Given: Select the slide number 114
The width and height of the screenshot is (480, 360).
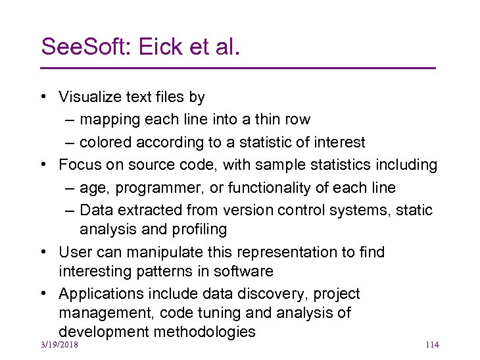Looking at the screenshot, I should (x=432, y=345).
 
